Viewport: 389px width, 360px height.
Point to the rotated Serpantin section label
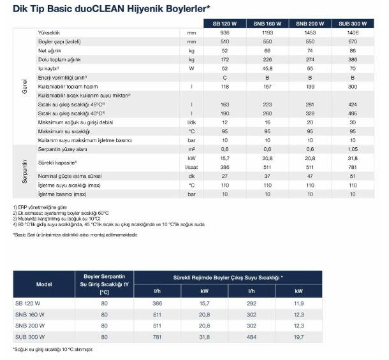pyautogui.click(x=24, y=171)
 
